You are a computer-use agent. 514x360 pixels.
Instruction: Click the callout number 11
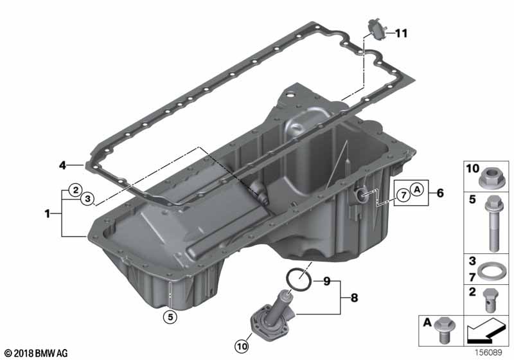click(401, 33)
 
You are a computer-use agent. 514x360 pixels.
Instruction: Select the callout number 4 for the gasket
click(62, 165)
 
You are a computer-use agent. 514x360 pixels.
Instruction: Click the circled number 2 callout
click(76, 190)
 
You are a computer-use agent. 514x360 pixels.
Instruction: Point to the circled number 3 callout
click(87, 199)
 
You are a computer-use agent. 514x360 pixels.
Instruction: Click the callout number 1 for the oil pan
click(48, 214)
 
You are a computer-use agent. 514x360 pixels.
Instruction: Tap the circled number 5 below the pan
click(170, 317)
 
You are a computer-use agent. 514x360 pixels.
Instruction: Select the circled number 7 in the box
click(403, 195)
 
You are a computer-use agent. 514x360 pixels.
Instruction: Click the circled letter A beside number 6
click(417, 189)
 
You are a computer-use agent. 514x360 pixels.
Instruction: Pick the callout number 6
click(440, 193)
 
